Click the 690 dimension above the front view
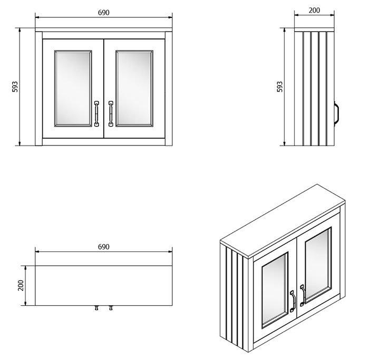[x=104, y=12]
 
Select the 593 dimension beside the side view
[x=280, y=87]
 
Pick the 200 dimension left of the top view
[x=20, y=286]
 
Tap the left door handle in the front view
[x=96, y=113]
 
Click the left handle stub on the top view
[x=96, y=308]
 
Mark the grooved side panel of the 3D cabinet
[x=236, y=295]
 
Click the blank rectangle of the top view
[x=104, y=285]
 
